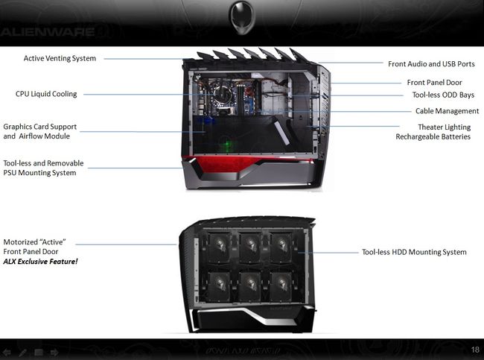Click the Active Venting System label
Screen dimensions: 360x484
pyautogui.click(x=60, y=57)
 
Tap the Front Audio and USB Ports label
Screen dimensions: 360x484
pyautogui.click(x=431, y=64)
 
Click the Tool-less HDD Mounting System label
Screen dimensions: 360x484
pyautogui.click(x=414, y=252)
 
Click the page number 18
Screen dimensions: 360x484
pyautogui.click(x=475, y=350)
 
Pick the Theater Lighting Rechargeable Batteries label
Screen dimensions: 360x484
pyautogui.click(x=433, y=132)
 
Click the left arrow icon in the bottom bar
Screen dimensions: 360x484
pyautogui.click(x=7, y=350)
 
